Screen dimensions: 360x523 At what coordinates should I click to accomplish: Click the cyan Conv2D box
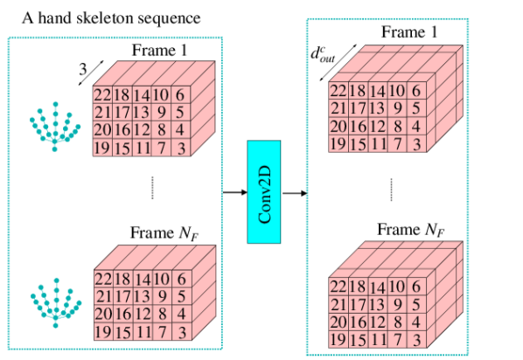pyautogui.click(x=264, y=191)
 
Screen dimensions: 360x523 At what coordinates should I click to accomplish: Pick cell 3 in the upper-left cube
pyautogui.click(x=181, y=148)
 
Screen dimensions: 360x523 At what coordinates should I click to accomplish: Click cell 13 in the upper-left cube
pyautogui.click(x=142, y=113)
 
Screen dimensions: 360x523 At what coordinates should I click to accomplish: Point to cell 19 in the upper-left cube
pyautogui.click(x=102, y=148)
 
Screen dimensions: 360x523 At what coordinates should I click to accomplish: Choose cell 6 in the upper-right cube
pyautogui.click(x=415, y=91)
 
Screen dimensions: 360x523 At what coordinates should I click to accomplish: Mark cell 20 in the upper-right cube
pyautogui.click(x=338, y=126)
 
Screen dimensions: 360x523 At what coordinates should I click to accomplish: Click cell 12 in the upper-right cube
pyautogui.click(x=377, y=126)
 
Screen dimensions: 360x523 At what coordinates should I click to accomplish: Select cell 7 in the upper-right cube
pyautogui.click(x=397, y=143)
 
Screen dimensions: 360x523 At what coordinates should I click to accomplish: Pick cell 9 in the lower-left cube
pyautogui.click(x=162, y=297)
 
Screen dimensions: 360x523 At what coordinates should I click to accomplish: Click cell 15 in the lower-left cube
pyautogui.click(x=122, y=332)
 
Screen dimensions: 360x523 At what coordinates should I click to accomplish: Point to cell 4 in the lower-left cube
pyautogui.click(x=182, y=315)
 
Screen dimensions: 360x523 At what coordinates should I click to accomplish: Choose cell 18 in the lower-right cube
pyautogui.click(x=358, y=287)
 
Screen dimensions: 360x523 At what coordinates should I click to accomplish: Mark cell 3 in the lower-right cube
pyautogui.click(x=416, y=339)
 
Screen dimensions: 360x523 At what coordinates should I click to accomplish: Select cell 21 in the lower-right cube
pyautogui.click(x=338, y=304)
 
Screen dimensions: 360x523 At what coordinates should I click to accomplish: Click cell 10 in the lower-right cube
pyautogui.click(x=397, y=287)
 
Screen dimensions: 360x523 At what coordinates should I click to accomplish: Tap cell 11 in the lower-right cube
pyautogui.click(x=377, y=339)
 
